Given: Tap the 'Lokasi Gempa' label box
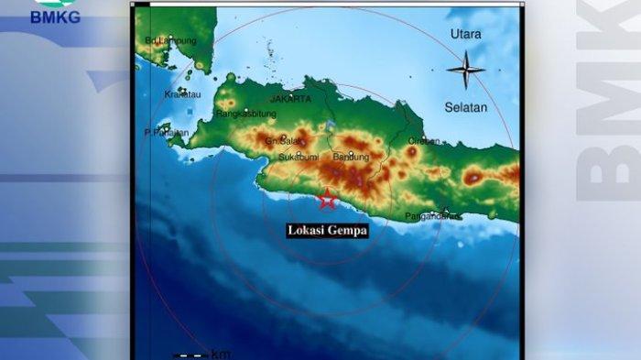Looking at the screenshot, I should pyautogui.click(x=327, y=231).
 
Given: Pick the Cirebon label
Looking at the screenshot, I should pyautogui.click(x=424, y=141).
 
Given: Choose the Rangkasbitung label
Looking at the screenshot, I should pyautogui.click(x=245, y=115).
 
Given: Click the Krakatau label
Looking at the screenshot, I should pyautogui.click(x=182, y=93).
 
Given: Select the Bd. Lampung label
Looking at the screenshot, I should pyautogui.click(x=165, y=41).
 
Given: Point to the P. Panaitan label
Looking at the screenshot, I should pyautogui.click(x=166, y=133).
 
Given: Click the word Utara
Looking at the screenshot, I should pyautogui.click(x=465, y=34).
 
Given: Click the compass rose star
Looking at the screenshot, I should pyautogui.click(x=465, y=70).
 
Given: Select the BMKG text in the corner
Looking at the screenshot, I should pyautogui.click(x=55, y=16).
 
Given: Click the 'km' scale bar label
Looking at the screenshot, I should pyautogui.click(x=221, y=354).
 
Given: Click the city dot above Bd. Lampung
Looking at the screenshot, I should pyautogui.click(x=170, y=38).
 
